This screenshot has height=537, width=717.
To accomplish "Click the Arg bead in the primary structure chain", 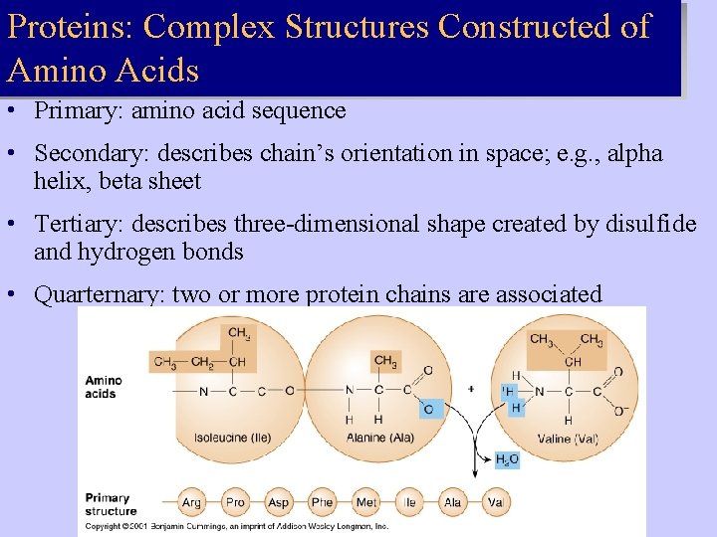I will (191, 502).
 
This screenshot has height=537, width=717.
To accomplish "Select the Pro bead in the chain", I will (235, 502).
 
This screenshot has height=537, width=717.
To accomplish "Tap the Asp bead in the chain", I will (279, 502).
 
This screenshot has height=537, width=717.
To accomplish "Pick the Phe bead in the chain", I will (323, 502).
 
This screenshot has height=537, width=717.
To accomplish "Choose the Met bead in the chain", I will (366, 502).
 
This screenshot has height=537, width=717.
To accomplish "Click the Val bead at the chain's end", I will (496, 502).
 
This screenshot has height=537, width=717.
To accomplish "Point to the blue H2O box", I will (507, 460).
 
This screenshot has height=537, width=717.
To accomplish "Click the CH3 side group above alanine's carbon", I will (385, 360).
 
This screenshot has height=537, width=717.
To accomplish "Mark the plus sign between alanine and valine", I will (471, 389).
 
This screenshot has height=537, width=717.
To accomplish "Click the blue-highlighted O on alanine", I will (428, 409).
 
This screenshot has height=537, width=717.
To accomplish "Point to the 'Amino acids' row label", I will (103, 387).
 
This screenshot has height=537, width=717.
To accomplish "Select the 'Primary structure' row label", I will (110, 504).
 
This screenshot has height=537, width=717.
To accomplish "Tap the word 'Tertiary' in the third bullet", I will (73, 224).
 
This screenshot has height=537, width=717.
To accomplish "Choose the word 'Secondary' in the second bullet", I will (82, 153).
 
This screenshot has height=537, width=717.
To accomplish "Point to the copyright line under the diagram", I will (237, 526).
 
